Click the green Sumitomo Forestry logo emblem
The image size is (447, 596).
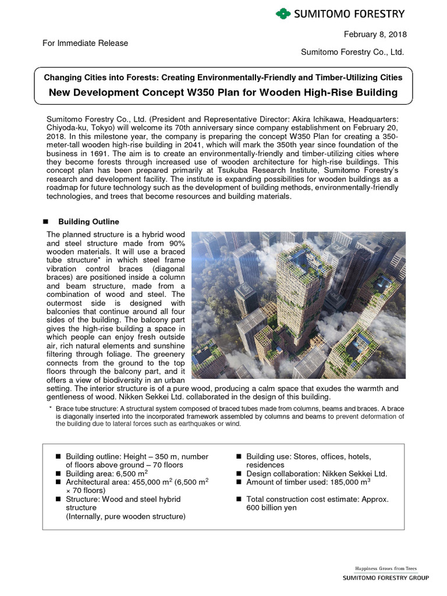point(283,13)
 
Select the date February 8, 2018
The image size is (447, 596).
point(376,34)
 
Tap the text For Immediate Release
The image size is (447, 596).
point(85,43)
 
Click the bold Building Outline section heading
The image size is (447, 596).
point(89,222)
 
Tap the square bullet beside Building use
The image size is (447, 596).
point(239,456)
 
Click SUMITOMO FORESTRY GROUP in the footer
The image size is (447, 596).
point(385,578)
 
